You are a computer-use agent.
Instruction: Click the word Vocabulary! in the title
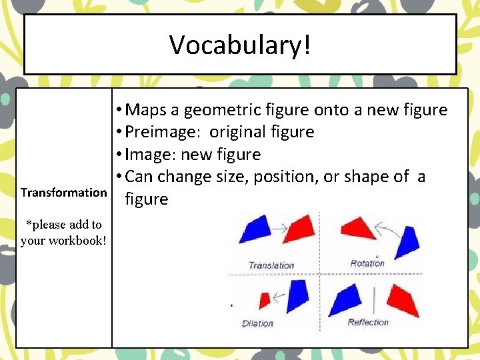(x=240, y=45)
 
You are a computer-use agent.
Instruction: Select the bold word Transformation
(x=63, y=193)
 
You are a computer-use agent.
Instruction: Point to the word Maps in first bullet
(x=147, y=109)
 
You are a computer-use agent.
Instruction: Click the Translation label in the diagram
(x=271, y=265)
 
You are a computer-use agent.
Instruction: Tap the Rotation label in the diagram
(x=367, y=263)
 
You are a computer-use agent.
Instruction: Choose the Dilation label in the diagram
(x=258, y=323)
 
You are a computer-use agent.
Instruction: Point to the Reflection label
(x=368, y=322)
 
